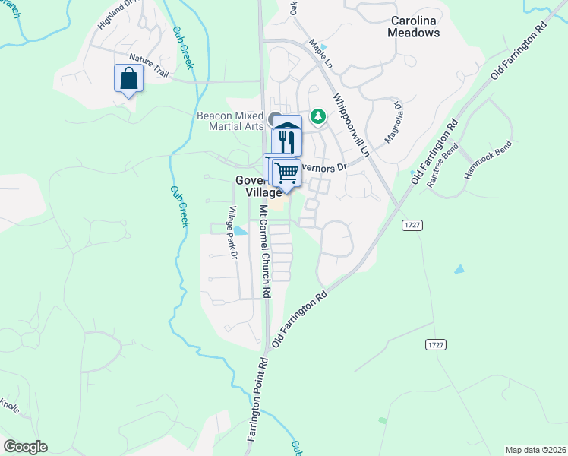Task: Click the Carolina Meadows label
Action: (414, 27)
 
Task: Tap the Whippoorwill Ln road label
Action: (350, 126)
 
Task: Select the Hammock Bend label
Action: (489, 160)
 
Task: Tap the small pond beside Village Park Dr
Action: (241, 230)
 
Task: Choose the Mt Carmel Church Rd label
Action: (265, 250)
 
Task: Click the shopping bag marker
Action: (128, 78)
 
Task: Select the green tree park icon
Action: (320, 116)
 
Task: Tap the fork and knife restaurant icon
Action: (286, 141)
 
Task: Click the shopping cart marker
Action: (286, 172)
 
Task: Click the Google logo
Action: (25, 447)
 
